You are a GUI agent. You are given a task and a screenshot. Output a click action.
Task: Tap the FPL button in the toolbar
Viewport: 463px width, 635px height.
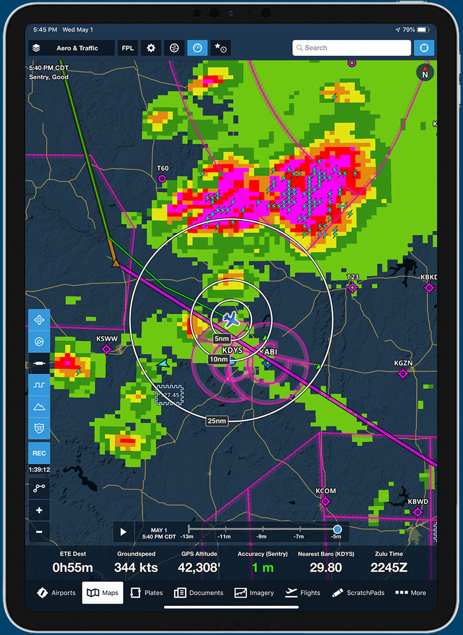[128, 48]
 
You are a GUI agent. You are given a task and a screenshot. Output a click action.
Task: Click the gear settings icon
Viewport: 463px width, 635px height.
[151, 48]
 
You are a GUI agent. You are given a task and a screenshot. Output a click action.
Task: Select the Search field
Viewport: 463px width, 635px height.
[351, 48]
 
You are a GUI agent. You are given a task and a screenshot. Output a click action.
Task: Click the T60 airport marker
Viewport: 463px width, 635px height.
[162, 179]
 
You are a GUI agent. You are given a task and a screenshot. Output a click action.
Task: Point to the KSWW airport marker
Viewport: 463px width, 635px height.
[106, 349]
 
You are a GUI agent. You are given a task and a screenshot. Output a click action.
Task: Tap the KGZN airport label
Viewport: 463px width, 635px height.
[404, 363]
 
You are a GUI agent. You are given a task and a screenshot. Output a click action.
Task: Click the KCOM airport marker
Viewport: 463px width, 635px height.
[325, 502]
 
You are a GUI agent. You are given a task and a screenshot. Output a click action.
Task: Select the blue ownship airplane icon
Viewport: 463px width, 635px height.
[231, 318]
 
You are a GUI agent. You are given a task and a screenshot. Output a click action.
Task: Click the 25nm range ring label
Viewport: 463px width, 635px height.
[217, 421]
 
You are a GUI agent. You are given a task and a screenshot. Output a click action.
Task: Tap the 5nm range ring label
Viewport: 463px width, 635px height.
[222, 339]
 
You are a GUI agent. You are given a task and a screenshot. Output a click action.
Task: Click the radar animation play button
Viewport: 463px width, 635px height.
[123, 532]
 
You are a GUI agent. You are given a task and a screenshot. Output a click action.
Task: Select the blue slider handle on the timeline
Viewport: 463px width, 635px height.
[337, 529]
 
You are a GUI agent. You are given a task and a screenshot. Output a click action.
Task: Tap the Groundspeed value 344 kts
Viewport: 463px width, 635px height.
[136, 567]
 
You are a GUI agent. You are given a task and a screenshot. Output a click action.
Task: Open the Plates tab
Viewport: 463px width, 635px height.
[147, 592]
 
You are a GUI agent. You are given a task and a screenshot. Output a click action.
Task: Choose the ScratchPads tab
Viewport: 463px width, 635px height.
[358, 592]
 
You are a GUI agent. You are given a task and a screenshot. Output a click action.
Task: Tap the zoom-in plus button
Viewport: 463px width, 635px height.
[39, 510]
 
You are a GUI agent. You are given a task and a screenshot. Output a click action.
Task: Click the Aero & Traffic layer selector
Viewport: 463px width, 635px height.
[72, 48]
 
